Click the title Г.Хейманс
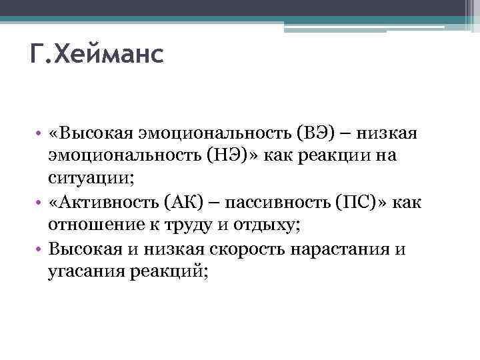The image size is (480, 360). pos(97,54)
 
